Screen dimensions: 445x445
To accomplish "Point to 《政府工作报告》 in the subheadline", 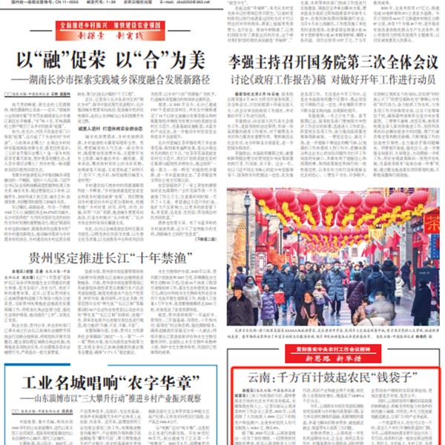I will (282, 79).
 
